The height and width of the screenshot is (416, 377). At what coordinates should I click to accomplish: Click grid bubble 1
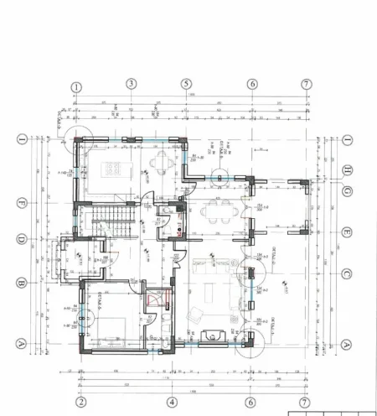click(76, 86)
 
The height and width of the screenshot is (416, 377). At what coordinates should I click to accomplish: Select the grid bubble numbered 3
click(132, 83)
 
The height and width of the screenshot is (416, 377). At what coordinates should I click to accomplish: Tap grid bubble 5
click(187, 84)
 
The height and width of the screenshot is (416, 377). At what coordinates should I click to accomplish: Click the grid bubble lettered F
click(23, 202)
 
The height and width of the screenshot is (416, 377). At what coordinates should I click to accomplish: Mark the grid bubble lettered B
click(23, 283)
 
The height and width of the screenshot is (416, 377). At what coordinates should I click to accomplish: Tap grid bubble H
click(348, 169)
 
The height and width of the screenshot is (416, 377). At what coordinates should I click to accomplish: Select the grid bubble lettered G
click(348, 192)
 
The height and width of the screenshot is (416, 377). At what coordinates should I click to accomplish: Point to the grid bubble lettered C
click(348, 274)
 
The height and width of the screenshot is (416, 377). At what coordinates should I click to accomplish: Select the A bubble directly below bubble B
click(23, 343)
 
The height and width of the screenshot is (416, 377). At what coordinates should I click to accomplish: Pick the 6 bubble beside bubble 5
click(251, 84)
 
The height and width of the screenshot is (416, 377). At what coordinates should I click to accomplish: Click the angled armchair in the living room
click(194, 315)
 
